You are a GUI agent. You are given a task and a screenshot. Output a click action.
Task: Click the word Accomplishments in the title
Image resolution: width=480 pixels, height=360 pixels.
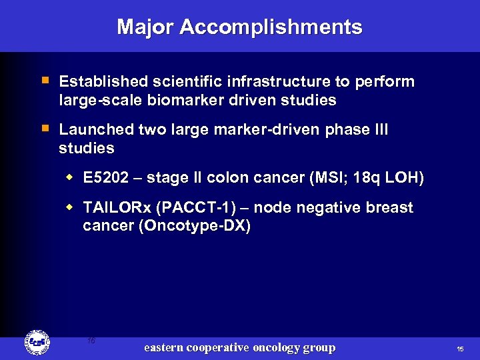click(271, 27)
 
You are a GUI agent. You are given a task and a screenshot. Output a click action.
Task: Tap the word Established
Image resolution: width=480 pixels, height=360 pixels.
click(103, 82)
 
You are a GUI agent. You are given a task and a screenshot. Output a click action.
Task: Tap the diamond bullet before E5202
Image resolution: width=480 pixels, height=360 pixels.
click(70, 178)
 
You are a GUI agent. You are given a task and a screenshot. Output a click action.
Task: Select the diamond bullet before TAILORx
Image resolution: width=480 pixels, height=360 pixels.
click(70, 207)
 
